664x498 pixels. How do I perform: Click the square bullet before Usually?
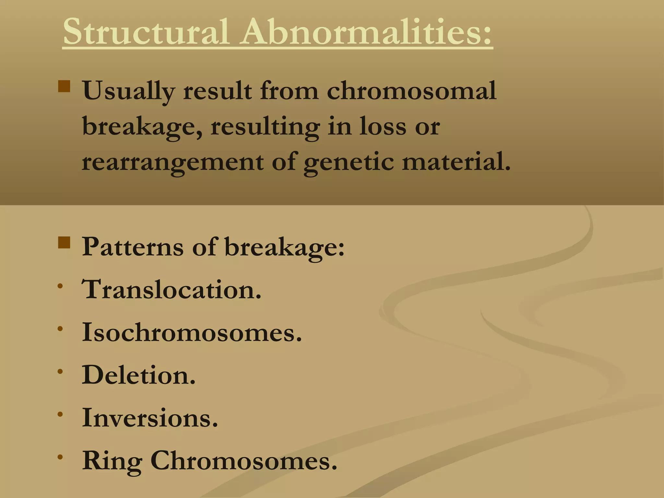[64, 87]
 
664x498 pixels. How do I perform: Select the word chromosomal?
[411, 91]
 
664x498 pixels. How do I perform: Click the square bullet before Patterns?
[64, 242]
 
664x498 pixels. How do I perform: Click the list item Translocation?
[171, 289]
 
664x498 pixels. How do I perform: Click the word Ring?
[112, 461]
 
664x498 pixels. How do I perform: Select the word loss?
[383, 126]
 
